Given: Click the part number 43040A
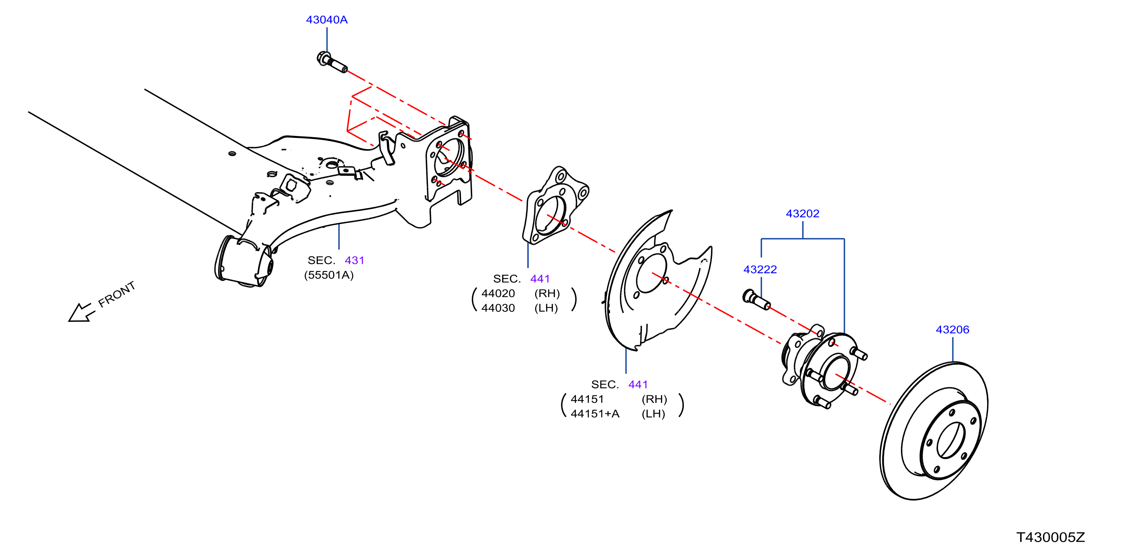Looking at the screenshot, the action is click(x=327, y=20).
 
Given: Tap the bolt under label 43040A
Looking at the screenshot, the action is click(x=332, y=63).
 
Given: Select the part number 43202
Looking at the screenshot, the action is click(x=802, y=214).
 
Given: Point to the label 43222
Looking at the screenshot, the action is click(x=760, y=269).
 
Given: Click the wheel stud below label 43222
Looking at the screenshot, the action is click(x=757, y=300).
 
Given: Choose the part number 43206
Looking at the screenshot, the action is click(x=952, y=329).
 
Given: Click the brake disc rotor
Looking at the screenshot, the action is click(x=934, y=431).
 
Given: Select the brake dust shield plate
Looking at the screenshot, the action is click(x=657, y=280).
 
